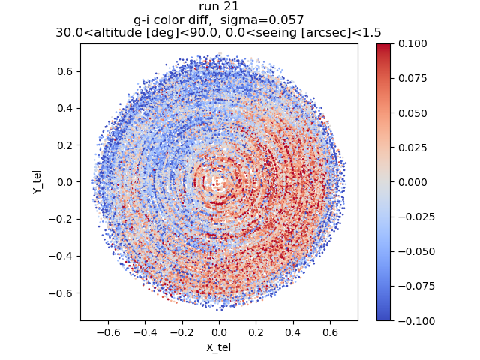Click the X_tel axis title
click(219, 347)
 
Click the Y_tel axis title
click(37, 182)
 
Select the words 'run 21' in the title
click(219, 7)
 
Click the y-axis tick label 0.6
click(65, 71)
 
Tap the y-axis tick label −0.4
click(61, 256)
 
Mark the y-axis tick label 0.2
click(65, 145)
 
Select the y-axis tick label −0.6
click(61, 292)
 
